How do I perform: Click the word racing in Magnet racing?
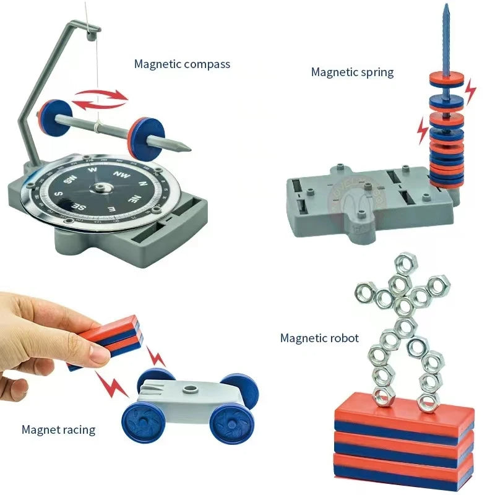(x=77, y=429)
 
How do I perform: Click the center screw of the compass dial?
(x=100, y=187)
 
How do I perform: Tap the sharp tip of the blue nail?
(x=445, y=6)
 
